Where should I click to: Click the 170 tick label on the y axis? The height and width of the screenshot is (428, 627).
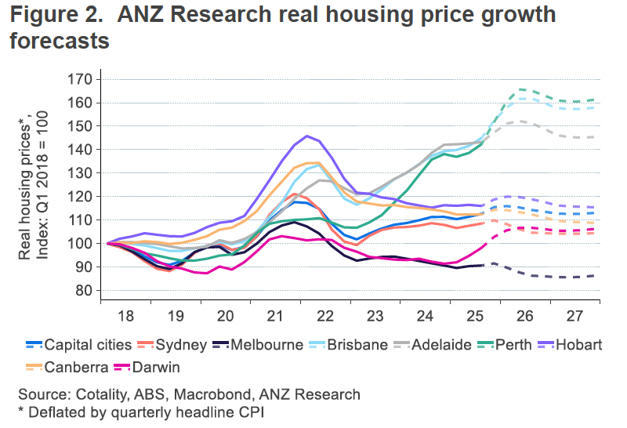(x=82, y=79)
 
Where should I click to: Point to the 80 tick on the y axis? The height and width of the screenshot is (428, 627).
(x=85, y=290)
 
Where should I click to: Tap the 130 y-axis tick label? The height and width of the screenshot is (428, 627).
(x=82, y=173)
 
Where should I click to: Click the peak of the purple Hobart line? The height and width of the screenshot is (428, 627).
(x=306, y=136)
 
